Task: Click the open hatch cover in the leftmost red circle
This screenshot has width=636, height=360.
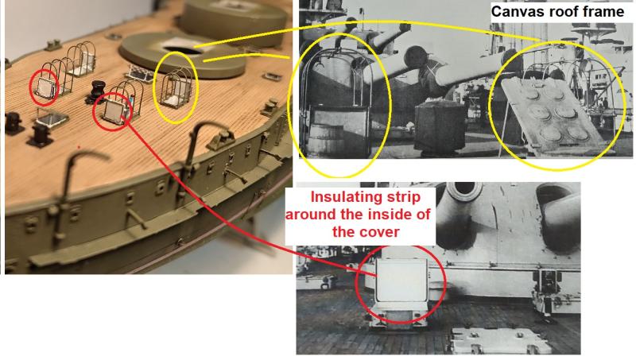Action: (44, 89)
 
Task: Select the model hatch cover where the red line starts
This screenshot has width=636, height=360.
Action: (113, 111)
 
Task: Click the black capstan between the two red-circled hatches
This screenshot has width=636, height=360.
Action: (97, 91)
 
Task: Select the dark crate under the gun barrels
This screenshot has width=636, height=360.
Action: (440, 126)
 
